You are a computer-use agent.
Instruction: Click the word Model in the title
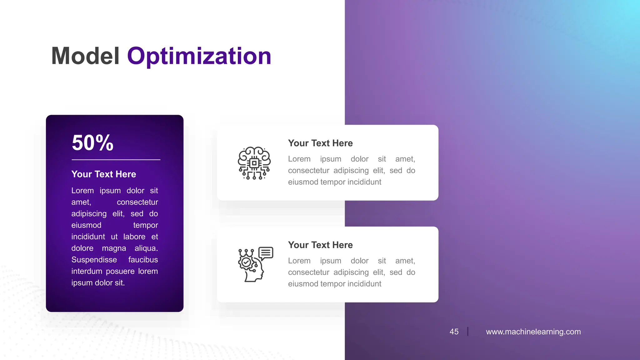(x=85, y=56)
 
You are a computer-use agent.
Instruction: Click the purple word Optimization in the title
(x=199, y=56)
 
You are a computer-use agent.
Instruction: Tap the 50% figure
(x=92, y=143)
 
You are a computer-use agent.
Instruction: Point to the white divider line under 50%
(x=116, y=160)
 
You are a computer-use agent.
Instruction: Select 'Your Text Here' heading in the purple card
(x=104, y=174)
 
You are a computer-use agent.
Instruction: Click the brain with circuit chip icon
(x=254, y=163)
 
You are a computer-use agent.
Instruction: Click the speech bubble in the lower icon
(x=266, y=253)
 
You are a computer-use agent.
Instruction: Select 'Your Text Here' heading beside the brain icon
(x=320, y=143)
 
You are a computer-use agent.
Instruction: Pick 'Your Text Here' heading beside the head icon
(x=320, y=245)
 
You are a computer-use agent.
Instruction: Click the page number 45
(x=454, y=332)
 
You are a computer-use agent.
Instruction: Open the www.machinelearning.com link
(x=533, y=332)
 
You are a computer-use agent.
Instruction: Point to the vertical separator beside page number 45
(x=468, y=331)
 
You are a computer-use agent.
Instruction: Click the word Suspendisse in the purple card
(x=94, y=260)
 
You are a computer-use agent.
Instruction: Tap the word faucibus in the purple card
(x=143, y=260)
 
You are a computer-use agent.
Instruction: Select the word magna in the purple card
(x=114, y=248)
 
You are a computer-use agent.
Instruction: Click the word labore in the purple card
(x=134, y=237)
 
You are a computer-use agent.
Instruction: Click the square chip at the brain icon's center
(x=254, y=163)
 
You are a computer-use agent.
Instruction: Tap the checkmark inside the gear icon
(x=246, y=262)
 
